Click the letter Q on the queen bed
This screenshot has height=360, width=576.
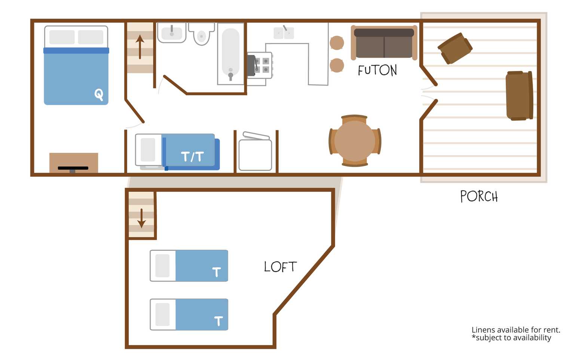(x=99, y=95)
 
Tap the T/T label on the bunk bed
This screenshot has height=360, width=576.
(x=192, y=156)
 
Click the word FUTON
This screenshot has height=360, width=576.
(x=377, y=70)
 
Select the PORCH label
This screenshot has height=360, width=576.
(x=479, y=196)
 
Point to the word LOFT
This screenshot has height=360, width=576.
(x=280, y=267)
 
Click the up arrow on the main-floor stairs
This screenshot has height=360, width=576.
(x=140, y=47)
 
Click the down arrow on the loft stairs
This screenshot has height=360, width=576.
(x=141, y=218)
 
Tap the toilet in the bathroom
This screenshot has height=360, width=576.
(x=201, y=33)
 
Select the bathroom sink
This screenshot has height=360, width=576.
(x=172, y=33)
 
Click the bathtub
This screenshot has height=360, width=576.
(x=231, y=54)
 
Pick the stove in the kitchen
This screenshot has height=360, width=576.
(x=260, y=65)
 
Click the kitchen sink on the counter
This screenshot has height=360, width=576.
(x=284, y=33)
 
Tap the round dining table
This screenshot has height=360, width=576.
(x=355, y=141)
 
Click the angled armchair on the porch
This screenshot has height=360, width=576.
(x=455, y=48)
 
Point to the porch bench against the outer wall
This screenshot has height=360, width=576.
(x=519, y=96)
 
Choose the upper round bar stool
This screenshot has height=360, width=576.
(x=337, y=43)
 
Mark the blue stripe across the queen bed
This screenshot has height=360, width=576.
(x=76, y=50)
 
